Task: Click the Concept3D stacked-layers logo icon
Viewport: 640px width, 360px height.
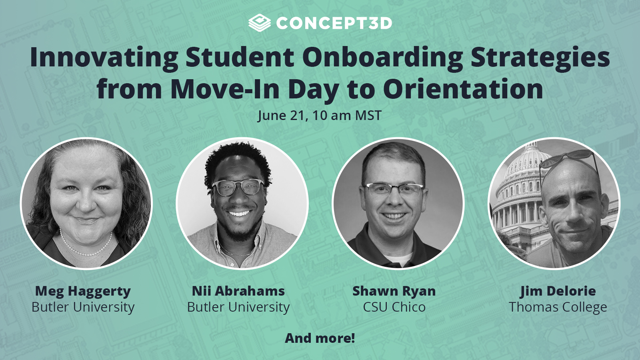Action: (x=259, y=23)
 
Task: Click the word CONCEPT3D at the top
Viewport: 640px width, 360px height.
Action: (x=334, y=23)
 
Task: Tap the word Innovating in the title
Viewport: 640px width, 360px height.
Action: (x=104, y=57)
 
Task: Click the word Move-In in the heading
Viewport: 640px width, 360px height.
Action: (x=225, y=89)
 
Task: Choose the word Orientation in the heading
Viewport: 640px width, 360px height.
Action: (x=463, y=89)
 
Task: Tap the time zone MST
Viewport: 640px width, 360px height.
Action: (x=368, y=116)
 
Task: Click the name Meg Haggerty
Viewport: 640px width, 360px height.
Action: (x=83, y=291)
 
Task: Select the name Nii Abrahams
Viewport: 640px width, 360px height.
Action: (x=238, y=291)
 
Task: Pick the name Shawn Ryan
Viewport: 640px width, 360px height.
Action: (x=394, y=291)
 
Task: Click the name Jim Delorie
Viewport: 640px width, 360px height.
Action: (x=558, y=291)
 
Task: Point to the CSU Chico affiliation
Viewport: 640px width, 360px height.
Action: (x=394, y=307)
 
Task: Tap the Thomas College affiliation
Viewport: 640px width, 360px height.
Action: (x=558, y=307)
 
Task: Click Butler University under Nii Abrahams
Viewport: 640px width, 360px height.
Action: (x=238, y=307)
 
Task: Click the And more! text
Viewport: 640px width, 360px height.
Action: (x=320, y=338)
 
